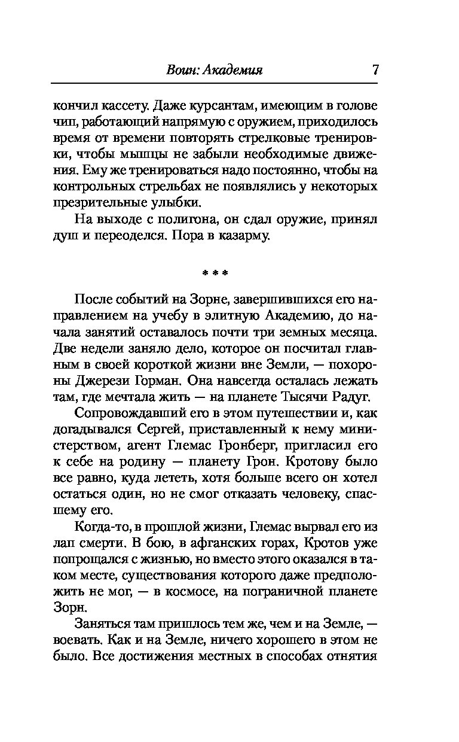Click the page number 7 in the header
click(375, 69)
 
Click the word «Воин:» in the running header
click(182, 70)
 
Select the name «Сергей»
click(156, 429)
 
